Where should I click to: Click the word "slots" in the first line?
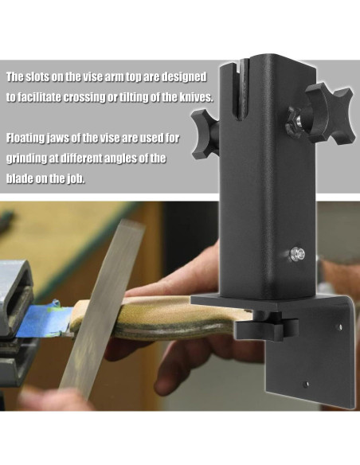40,77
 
